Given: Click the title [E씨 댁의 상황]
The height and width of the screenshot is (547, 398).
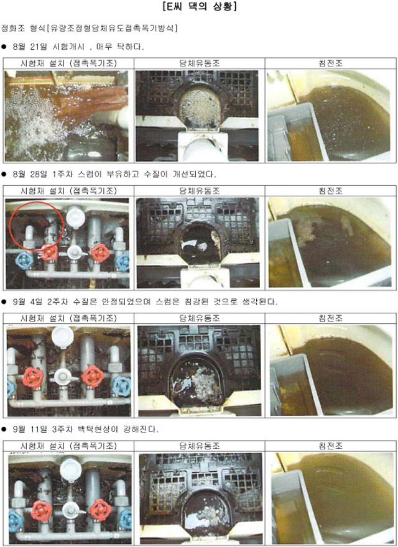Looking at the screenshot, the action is (x=200, y=7).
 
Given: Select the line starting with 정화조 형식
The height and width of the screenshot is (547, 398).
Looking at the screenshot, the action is (x=89, y=28).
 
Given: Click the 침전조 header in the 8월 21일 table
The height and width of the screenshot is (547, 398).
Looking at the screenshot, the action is (x=330, y=63).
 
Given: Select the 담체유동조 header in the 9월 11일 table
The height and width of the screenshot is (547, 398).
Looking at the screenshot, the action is (x=200, y=446).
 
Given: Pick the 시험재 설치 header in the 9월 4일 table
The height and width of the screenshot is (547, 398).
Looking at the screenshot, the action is (x=68, y=318).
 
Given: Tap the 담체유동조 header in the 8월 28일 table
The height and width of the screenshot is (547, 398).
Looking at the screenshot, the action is (x=200, y=191).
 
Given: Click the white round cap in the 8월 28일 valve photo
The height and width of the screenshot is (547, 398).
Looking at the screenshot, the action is (x=75, y=217).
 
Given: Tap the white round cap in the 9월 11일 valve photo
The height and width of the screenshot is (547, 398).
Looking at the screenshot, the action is (x=70, y=470).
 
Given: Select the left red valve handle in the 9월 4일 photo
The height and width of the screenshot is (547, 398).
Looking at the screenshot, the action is (x=33, y=377).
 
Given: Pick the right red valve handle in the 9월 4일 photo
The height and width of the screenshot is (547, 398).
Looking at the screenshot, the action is (x=93, y=376).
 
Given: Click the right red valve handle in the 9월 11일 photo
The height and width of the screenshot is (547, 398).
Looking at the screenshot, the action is (x=101, y=510).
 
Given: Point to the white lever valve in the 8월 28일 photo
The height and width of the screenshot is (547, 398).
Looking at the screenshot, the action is (x=75, y=252).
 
